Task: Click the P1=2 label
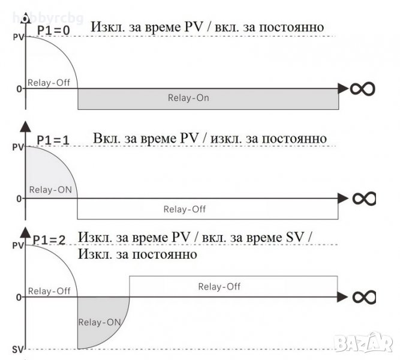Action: (x=51, y=239)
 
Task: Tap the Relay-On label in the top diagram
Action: (x=190, y=98)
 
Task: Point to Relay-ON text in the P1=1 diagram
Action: (x=50, y=191)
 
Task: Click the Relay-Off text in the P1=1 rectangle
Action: (x=185, y=209)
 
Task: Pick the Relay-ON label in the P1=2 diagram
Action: (x=100, y=322)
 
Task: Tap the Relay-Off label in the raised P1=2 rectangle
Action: (x=219, y=287)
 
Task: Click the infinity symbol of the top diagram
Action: (x=363, y=89)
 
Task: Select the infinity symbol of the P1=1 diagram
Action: (x=363, y=198)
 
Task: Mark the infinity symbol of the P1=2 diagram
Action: (x=363, y=296)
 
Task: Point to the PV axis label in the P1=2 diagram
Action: (x=17, y=245)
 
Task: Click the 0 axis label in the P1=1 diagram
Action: (x=19, y=198)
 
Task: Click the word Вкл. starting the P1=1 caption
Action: (x=106, y=139)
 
